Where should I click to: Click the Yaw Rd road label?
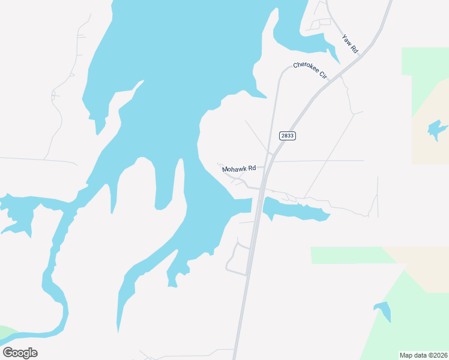[x=350, y=44]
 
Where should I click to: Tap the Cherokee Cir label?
[x=310, y=70]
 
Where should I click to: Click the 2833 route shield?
[x=288, y=136]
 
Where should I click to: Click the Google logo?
[x=20, y=353]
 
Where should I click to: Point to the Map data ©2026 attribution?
[x=423, y=355]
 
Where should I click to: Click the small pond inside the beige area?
[x=436, y=129]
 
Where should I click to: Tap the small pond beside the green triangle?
[x=383, y=311]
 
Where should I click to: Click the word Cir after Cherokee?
[x=322, y=76]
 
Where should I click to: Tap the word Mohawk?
[x=235, y=169]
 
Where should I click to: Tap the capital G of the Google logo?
[x=8, y=352]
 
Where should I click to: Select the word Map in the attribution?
[x=406, y=355]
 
